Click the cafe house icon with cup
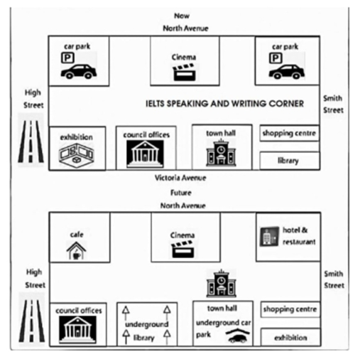click(x=76, y=250)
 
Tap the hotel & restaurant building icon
click(x=269, y=236)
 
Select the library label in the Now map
click(x=288, y=161)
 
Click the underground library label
click(x=146, y=331)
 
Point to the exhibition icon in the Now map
click(x=76, y=155)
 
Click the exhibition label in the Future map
click(x=290, y=338)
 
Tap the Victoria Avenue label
click(x=180, y=178)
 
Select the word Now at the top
click(x=182, y=16)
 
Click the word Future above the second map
click(x=181, y=193)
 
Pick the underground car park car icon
click(x=237, y=336)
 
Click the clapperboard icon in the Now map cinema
click(x=185, y=72)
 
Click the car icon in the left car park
click(x=79, y=71)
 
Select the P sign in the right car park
click(x=276, y=58)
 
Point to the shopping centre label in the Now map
click(x=289, y=133)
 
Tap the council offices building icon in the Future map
click(x=77, y=330)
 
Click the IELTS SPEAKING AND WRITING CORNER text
click(x=224, y=104)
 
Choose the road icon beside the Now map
click(x=31, y=141)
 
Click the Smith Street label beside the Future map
click(x=334, y=279)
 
